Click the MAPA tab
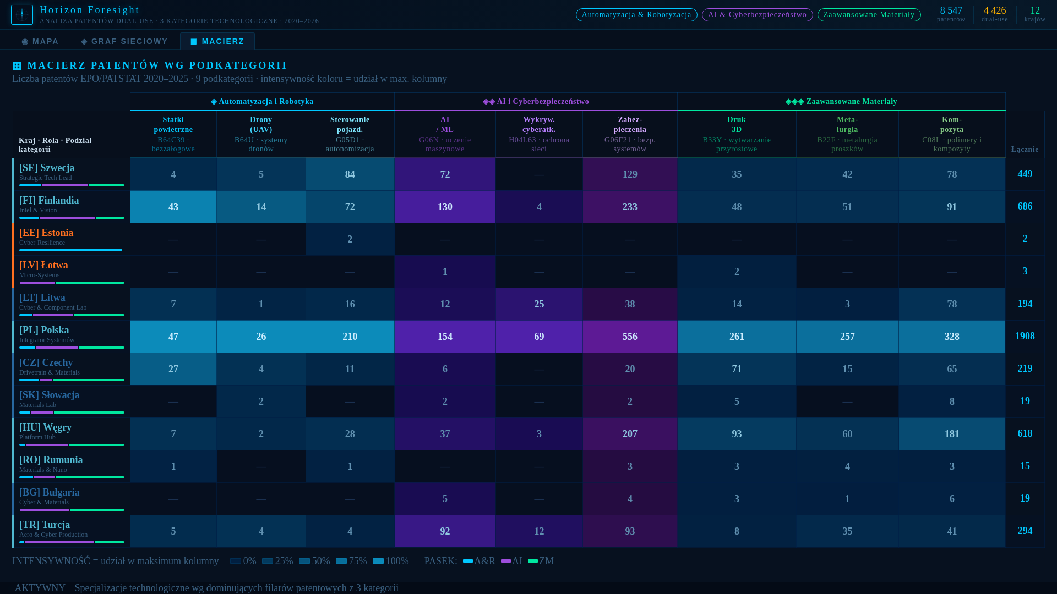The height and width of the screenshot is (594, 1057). pyautogui.click(x=40, y=41)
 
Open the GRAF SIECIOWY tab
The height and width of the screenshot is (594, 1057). pyautogui.click(x=124, y=41)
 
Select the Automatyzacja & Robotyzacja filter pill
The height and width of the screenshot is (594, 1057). pyautogui.click(x=636, y=15)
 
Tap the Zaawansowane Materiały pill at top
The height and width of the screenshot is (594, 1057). pyautogui.click(x=869, y=15)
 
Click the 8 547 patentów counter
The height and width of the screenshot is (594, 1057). pyautogui.click(x=951, y=14)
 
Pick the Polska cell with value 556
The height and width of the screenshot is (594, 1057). pyautogui.click(x=630, y=337)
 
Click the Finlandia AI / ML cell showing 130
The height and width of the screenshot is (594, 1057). pyautogui.click(x=445, y=207)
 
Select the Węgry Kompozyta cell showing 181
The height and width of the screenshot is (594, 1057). pyautogui.click(x=952, y=434)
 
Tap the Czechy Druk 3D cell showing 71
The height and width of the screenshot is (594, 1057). pyautogui.click(x=737, y=369)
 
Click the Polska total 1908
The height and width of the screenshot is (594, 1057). pyautogui.click(x=1025, y=336)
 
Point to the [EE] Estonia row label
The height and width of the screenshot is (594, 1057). pyautogui.click(x=46, y=233)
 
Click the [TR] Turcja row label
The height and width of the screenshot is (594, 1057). pyautogui.click(x=45, y=525)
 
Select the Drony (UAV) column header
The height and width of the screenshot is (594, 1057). pyautogui.click(x=261, y=134)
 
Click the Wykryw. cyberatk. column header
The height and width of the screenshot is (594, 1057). pyautogui.click(x=539, y=134)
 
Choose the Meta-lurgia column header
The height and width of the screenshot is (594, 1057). pyautogui.click(x=847, y=134)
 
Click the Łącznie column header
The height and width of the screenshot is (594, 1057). pyautogui.click(x=1025, y=149)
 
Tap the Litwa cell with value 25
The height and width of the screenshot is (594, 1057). pyautogui.click(x=539, y=304)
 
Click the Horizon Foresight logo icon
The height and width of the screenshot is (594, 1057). pyautogui.click(x=22, y=15)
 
